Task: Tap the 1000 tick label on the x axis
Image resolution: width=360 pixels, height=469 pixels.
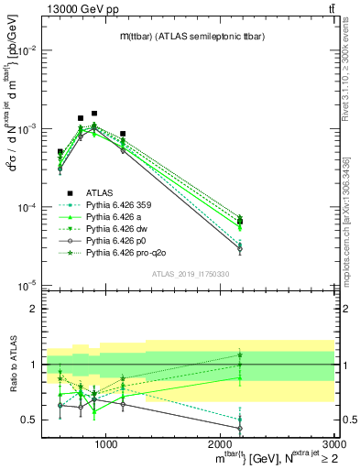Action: pos(106,444)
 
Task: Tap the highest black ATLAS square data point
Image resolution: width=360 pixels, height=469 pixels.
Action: pos(94,114)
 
